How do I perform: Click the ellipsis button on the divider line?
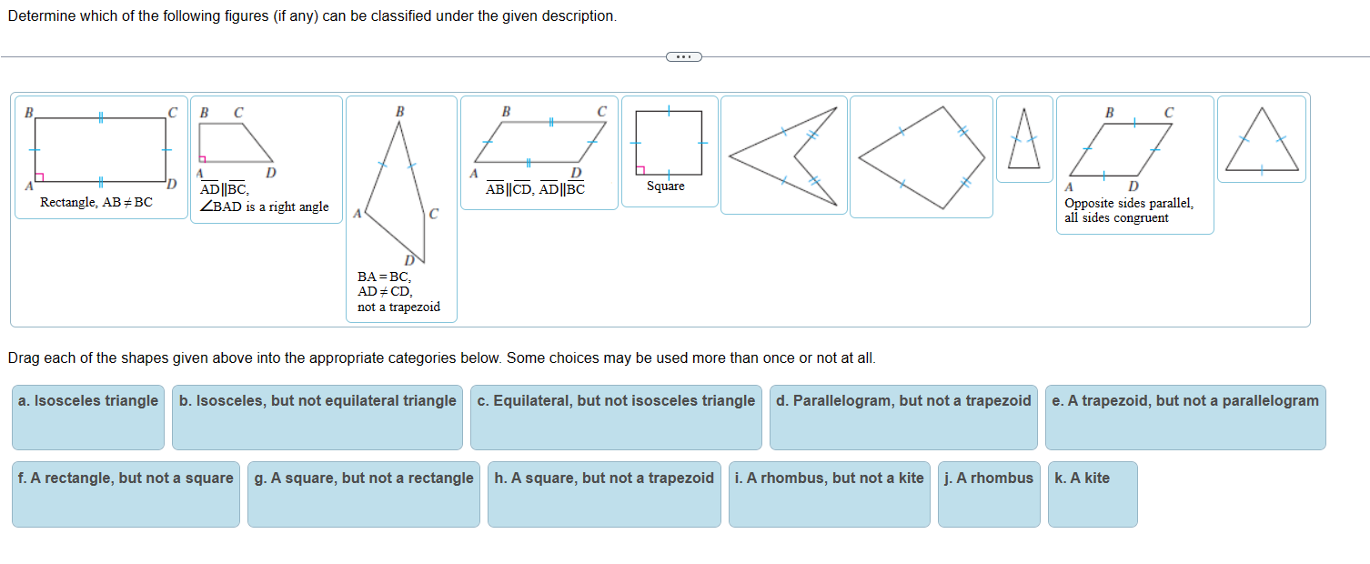coord(684,56)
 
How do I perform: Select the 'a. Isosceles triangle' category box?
coord(88,417)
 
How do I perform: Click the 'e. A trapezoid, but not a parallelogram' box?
coord(1184,417)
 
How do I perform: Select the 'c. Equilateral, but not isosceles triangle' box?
coord(616,417)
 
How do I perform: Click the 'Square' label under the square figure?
coord(666,186)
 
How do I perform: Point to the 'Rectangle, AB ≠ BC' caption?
coord(96,202)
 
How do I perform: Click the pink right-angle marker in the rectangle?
coord(39,176)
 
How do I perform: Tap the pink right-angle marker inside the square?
coord(641,169)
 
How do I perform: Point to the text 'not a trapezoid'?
coord(398,307)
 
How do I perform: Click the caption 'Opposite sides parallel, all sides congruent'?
coord(1128,210)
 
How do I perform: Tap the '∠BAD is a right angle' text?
coord(264,206)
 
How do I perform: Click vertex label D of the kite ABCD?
coord(409,261)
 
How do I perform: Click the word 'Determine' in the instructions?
coord(41,17)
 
